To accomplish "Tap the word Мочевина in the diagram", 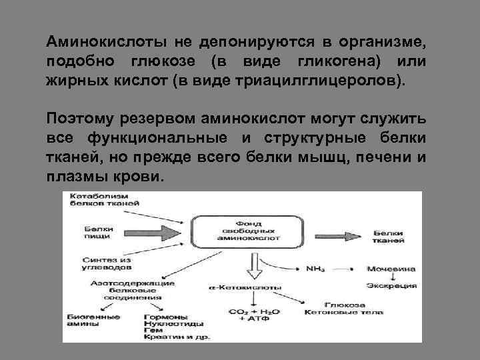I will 391,269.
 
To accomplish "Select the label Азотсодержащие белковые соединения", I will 130,291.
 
